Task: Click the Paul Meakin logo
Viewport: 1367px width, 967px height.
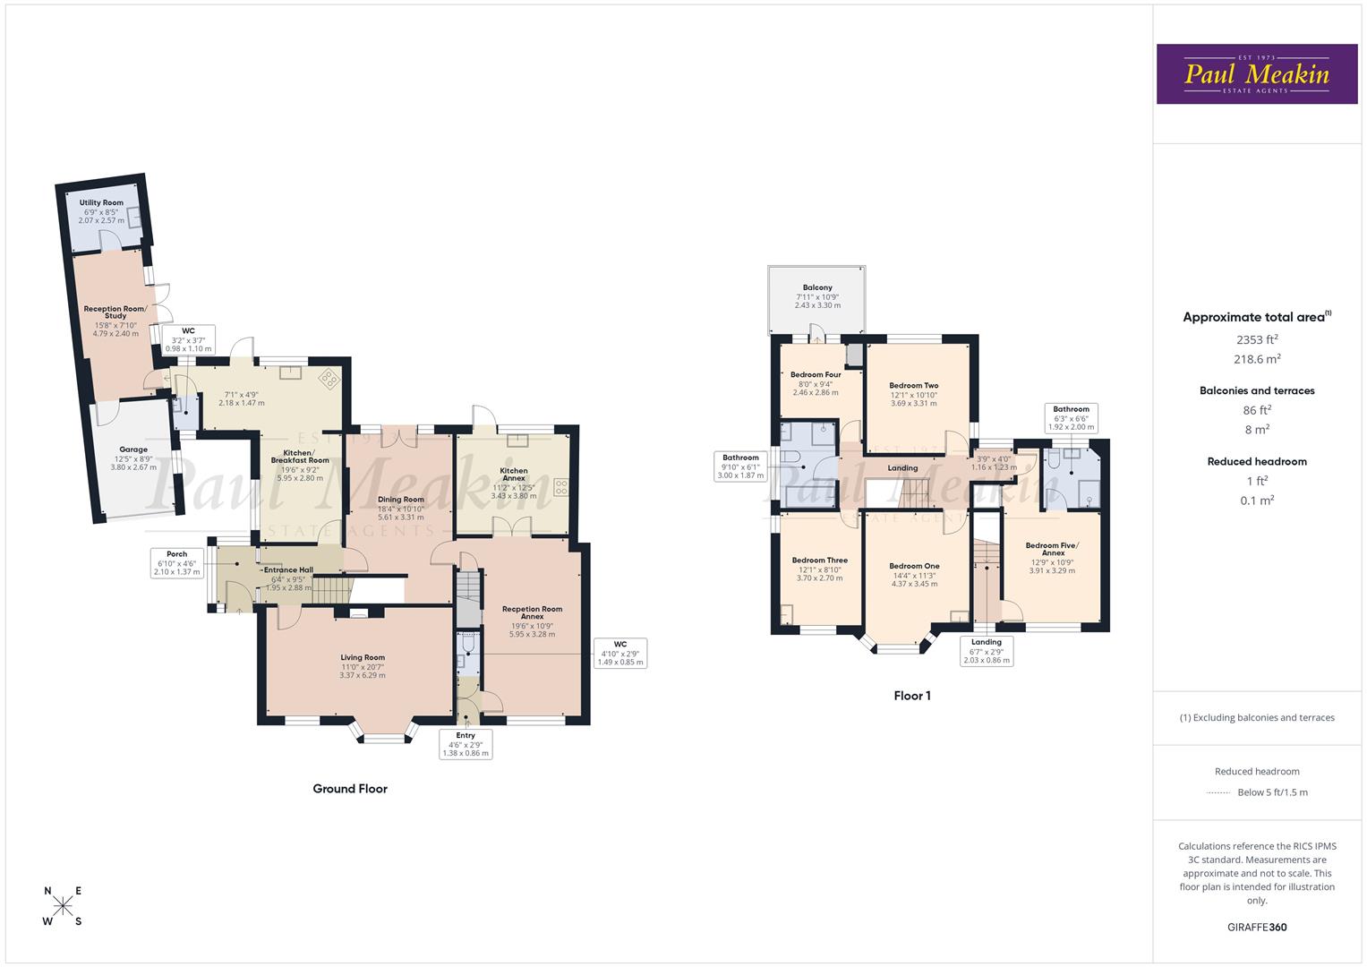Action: coord(1257,73)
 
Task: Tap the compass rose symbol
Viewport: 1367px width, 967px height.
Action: coord(63,905)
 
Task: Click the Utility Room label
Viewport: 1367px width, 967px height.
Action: coord(101,202)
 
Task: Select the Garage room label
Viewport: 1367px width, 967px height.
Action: coord(133,449)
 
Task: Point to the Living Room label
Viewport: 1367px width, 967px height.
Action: coord(363,657)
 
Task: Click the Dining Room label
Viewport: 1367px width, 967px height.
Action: coord(400,500)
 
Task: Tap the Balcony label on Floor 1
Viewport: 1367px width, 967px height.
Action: coord(817,287)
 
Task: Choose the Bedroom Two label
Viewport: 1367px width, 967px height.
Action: coord(913,386)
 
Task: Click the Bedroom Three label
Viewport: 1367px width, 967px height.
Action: coord(820,561)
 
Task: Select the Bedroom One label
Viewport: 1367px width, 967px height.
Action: coord(914,567)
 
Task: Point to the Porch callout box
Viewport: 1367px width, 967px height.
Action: coord(177,563)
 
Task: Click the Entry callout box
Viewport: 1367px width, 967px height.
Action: coord(466,744)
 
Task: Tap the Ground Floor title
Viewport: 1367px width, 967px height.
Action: coord(350,789)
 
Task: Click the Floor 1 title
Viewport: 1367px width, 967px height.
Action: coord(912,696)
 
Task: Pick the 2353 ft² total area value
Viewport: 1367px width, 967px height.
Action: coord(1257,339)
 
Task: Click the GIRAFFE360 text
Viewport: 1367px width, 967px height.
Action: coord(1257,928)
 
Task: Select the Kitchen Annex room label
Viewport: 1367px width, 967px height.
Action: coord(514,475)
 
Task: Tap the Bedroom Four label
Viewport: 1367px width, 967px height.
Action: coord(816,375)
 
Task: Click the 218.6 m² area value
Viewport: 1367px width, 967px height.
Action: coord(1257,359)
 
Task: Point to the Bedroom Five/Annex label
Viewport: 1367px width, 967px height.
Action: coord(1052,549)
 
